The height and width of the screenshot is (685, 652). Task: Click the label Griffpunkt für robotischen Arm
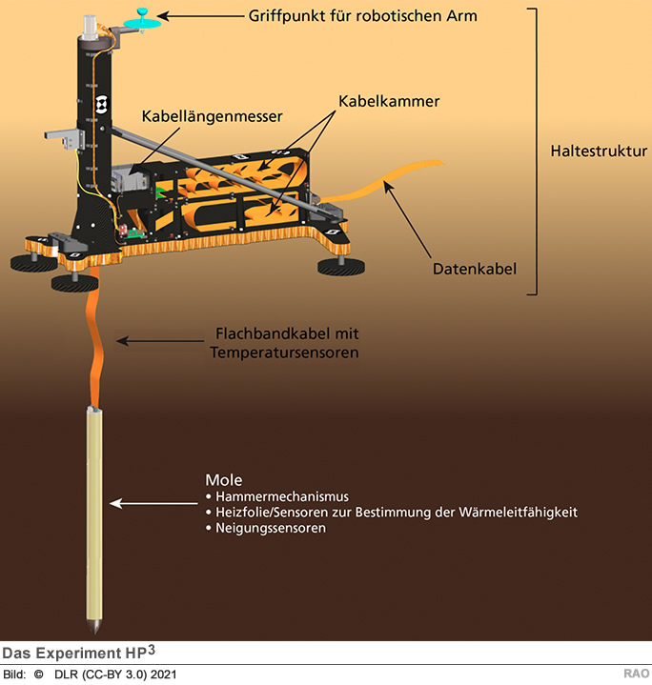(x=362, y=15)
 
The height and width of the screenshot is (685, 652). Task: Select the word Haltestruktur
(x=599, y=151)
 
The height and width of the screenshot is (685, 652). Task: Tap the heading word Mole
(x=224, y=479)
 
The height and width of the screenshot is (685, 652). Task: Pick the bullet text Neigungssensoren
(x=272, y=528)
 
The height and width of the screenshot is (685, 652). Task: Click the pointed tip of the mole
(x=96, y=631)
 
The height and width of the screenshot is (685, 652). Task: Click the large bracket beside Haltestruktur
(x=537, y=151)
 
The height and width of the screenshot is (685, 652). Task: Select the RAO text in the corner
(x=637, y=675)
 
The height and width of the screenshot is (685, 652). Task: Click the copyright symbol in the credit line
(x=39, y=675)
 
